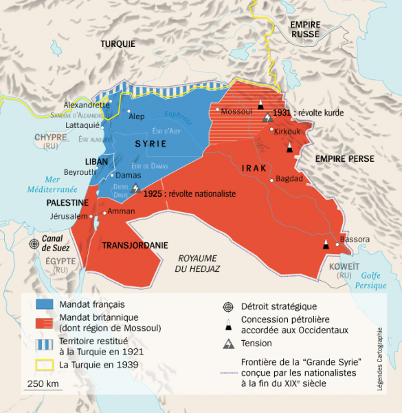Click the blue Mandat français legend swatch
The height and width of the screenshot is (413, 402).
coord(44,303)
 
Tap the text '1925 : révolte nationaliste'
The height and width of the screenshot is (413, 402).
coord(190,194)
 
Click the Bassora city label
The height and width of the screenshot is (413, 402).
coord(355,240)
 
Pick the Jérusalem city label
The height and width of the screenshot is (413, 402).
coord(69,216)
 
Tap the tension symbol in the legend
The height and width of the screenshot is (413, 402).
coord(227,343)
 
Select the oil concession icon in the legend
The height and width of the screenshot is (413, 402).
coord(227,324)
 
